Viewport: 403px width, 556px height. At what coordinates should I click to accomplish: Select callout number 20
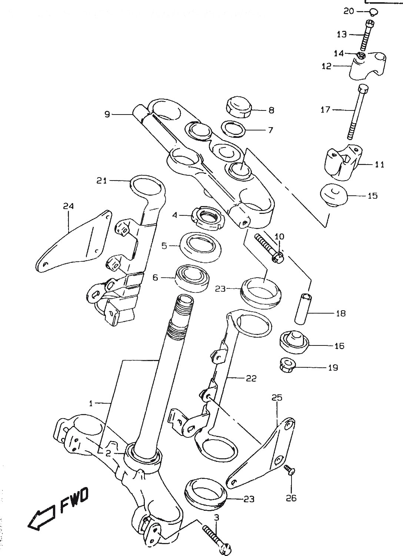349,11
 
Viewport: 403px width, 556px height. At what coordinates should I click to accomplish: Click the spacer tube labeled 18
303,308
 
